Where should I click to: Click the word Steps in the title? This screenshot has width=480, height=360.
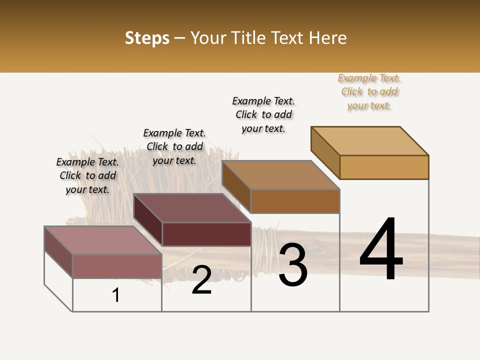point(147,38)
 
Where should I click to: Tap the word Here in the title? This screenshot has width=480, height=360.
point(328,38)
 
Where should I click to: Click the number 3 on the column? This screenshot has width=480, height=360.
point(293,265)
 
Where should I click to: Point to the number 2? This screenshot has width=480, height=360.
point(201,280)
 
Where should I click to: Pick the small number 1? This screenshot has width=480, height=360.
point(116,295)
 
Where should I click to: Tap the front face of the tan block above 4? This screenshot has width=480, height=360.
point(384,167)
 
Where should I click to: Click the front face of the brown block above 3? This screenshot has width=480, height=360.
point(295,201)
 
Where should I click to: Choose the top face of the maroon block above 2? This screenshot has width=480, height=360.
point(192,208)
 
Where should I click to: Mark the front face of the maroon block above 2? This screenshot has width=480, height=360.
point(206,234)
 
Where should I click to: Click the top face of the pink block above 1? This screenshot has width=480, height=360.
point(103,240)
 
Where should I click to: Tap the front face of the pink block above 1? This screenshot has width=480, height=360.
point(117,266)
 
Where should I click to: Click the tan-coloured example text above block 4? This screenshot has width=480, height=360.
point(369,92)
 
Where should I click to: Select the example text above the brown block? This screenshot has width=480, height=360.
point(263,114)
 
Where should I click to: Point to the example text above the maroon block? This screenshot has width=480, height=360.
point(174,146)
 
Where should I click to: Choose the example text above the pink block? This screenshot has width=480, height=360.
point(87,175)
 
